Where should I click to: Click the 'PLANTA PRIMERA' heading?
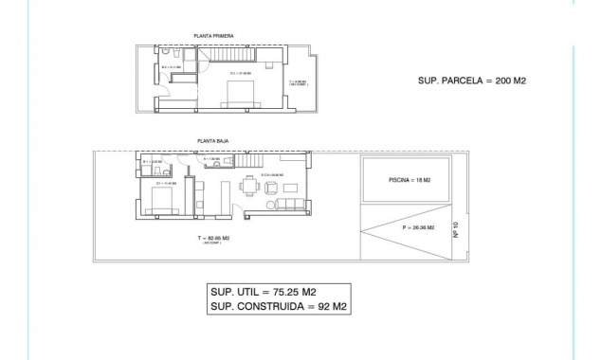coord(213,36)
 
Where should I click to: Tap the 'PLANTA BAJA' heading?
coord(212,140)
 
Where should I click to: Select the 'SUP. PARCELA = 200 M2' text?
coord(471,81)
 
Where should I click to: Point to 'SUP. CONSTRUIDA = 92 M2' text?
coord(278,308)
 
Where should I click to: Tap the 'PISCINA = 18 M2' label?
coord(410,180)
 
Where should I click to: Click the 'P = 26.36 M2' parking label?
coord(418,228)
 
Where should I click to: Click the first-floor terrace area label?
coord(297,82)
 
